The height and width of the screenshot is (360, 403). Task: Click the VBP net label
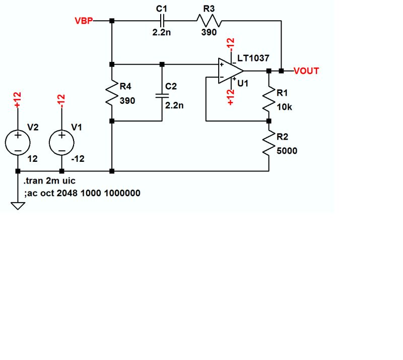coord(83,21)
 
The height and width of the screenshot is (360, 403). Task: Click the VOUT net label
coord(306,71)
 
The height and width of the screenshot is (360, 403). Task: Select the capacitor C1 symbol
coord(162,21)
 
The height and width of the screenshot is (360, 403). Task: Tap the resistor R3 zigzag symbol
coord(208,21)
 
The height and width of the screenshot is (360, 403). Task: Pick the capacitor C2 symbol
coord(162,95)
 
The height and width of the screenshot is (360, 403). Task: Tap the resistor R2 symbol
coord(268,146)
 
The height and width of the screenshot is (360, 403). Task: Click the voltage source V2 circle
coord(18,143)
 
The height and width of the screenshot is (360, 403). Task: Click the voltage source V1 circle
coord(61,143)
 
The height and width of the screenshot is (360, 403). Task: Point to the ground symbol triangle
coord(18,205)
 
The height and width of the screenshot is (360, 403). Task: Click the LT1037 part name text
coord(256,59)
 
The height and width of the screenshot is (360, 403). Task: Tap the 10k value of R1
coord(284,106)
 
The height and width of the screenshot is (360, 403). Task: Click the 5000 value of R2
coord(287,150)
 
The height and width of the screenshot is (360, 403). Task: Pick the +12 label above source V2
coord(17,100)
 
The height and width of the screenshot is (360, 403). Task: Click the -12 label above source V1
coord(61,100)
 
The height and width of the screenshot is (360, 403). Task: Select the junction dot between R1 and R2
coord(268,121)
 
